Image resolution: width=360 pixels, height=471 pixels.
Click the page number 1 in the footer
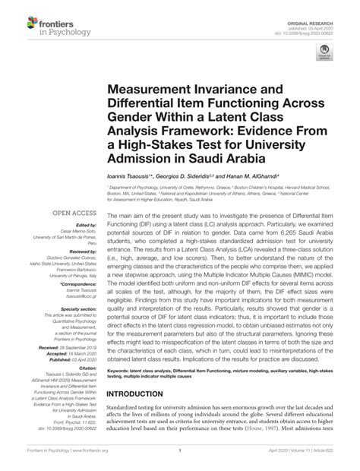(179, 460)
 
